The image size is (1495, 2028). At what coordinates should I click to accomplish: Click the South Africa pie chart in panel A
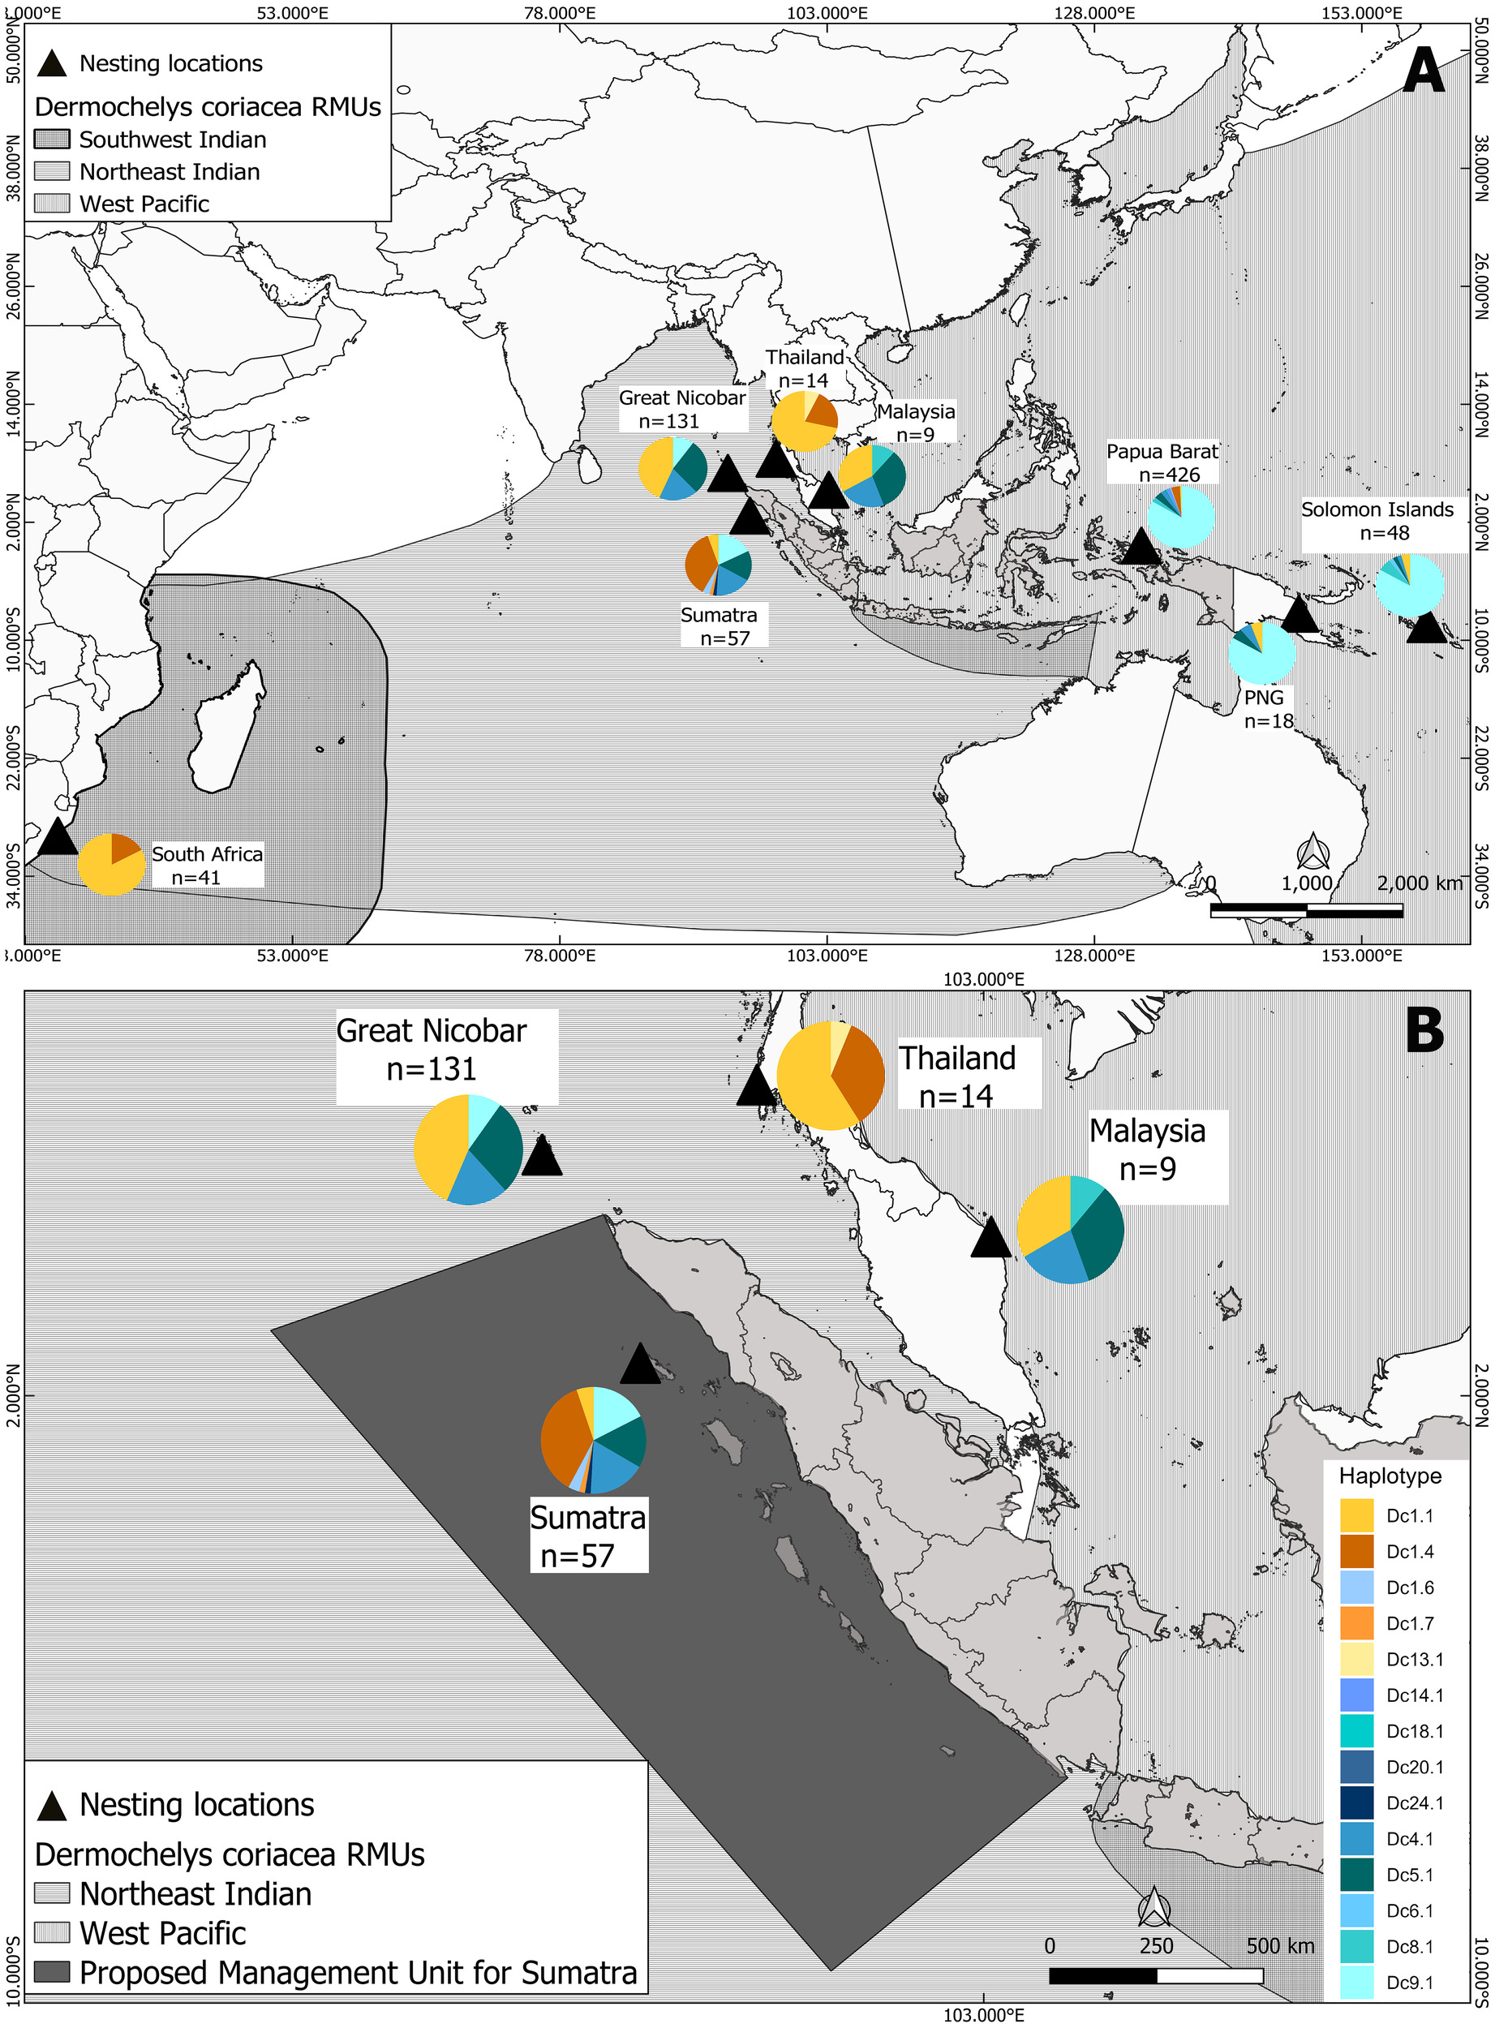(111, 864)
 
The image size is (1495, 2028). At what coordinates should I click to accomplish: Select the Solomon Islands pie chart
(1409, 586)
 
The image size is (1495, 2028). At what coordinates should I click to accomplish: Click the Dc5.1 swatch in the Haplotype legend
(1356, 1874)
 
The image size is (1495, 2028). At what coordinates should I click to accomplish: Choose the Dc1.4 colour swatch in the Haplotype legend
(1356, 1551)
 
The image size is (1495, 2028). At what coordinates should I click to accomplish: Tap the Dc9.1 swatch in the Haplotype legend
(1356, 1982)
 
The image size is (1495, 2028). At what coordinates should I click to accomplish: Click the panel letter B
(1424, 1030)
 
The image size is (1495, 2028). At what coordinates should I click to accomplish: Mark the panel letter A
(1424, 71)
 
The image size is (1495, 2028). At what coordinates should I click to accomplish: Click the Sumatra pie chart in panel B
(593, 1439)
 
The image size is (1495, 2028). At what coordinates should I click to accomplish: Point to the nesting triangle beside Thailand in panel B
(757, 1086)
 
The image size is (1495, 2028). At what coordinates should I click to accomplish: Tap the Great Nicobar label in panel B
(432, 1050)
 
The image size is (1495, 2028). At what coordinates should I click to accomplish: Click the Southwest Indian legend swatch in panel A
(52, 140)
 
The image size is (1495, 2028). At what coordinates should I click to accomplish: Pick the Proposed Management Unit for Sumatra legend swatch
(52, 1972)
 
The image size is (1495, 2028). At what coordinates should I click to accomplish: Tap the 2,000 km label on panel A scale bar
(1418, 883)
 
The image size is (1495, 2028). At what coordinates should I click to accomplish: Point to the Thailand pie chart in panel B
(830, 1075)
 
